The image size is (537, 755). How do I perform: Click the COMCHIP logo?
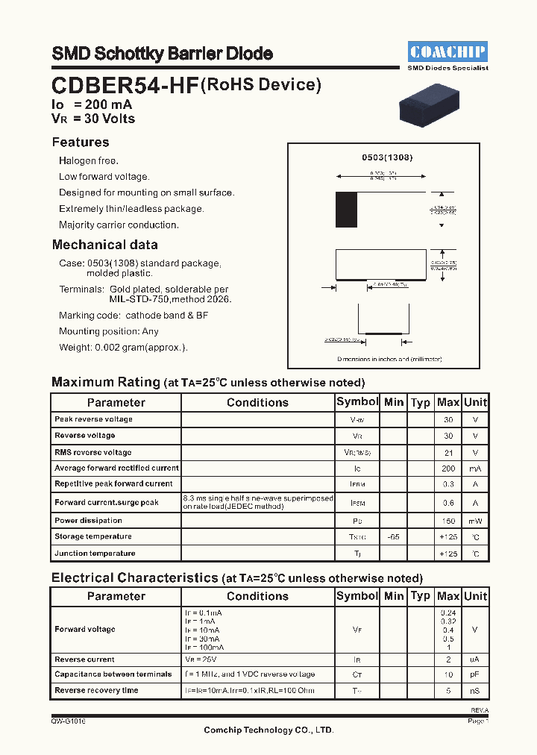[447, 51]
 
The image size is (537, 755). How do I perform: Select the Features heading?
[81, 142]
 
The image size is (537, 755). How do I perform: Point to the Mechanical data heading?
[104, 245]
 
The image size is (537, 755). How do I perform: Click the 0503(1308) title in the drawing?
[387, 157]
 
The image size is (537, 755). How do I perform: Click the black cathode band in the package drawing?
[346, 210]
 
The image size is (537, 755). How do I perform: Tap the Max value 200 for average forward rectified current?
[448, 469]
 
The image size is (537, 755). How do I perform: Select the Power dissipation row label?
[88, 521]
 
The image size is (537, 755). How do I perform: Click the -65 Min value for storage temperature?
[393, 537]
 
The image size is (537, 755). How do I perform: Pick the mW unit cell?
[475, 521]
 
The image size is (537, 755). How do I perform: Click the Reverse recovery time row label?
[96, 691]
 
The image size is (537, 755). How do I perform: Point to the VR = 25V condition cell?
[201, 660]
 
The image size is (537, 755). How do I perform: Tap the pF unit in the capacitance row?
[475, 674]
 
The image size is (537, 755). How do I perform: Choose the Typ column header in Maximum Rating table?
[421, 402]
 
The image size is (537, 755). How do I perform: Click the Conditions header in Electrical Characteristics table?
[257, 596]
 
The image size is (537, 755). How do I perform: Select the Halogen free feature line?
[89, 161]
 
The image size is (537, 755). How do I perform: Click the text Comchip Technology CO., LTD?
[268, 730]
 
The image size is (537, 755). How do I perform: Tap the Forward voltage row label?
[85, 630]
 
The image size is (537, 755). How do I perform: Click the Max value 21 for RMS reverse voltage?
[448, 453]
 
